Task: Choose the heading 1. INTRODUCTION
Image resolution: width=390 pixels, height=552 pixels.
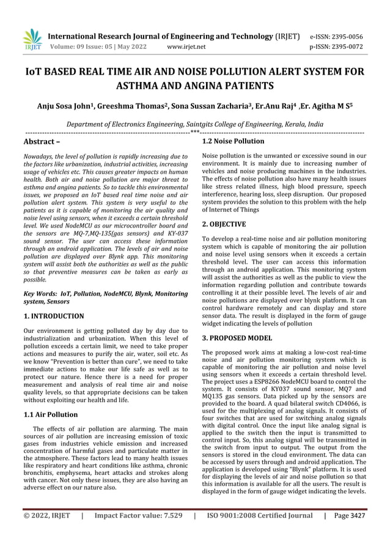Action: click(x=53, y=316)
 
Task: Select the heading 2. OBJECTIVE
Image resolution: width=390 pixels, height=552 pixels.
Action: click(x=224, y=224)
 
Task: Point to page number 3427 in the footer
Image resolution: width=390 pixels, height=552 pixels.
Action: click(x=356, y=533)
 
